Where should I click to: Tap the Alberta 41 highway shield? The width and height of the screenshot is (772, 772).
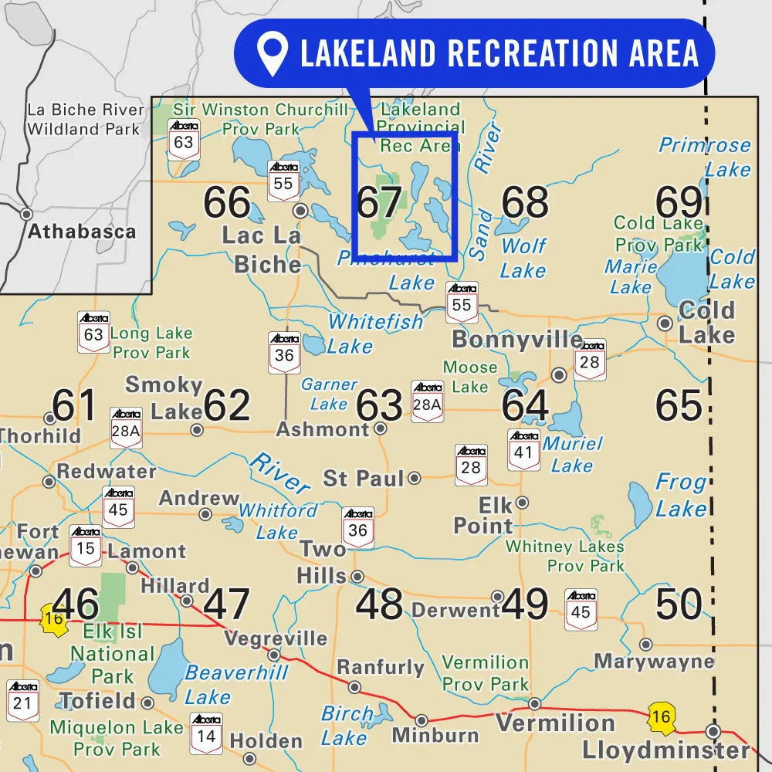pos(523,449)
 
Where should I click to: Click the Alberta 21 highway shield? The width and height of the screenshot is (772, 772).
pos(22,699)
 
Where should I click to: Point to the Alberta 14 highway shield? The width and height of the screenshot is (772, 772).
pos(206,733)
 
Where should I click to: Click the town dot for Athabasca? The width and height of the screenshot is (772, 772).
pos(26,214)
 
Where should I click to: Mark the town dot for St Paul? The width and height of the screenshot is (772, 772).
pos(415,478)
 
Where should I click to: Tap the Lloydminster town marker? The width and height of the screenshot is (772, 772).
pos(713,730)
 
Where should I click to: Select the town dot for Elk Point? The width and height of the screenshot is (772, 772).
pos(522,502)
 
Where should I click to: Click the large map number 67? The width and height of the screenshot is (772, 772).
pos(379,203)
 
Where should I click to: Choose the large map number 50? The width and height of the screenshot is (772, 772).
pos(679,604)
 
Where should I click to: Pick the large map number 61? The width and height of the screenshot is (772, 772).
pos(75,405)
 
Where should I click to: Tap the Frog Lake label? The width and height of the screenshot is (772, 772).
pos(681,496)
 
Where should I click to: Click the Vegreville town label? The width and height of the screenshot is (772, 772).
pos(276,638)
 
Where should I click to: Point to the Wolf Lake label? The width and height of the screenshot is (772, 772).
pos(523,258)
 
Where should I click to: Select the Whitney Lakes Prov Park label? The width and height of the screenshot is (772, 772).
pos(564,556)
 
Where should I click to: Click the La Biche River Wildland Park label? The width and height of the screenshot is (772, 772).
pos(85,120)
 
